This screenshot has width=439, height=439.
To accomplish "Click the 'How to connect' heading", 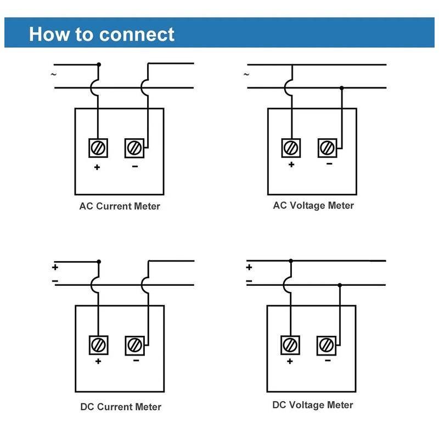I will [102, 34].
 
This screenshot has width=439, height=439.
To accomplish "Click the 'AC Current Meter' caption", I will [120, 206].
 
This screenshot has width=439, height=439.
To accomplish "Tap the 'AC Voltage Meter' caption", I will [313, 205].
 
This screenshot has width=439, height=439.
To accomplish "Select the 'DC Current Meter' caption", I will [121, 407].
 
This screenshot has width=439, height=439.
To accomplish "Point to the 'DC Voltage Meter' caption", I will [313, 405].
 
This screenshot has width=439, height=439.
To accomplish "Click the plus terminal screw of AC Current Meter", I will [98, 148].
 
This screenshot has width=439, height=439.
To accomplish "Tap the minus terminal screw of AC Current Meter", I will [134, 148].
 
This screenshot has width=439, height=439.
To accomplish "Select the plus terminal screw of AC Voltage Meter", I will [291, 148].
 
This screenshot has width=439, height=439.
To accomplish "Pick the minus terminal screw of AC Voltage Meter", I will [328, 148].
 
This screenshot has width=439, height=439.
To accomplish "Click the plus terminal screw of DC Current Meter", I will [98, 345].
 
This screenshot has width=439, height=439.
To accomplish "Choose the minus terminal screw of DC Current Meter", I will [134, 345].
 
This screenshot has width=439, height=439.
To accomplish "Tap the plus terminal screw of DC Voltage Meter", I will [290, 345].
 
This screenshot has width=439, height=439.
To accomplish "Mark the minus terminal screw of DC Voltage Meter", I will [326, 345].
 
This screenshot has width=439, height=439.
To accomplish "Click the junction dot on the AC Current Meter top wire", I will [99, 64].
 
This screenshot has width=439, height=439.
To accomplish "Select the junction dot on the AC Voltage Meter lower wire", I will [341, 88].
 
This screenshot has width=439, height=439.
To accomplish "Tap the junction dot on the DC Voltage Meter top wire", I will [291, 261].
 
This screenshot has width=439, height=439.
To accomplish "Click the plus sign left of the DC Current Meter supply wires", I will [55, 268].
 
